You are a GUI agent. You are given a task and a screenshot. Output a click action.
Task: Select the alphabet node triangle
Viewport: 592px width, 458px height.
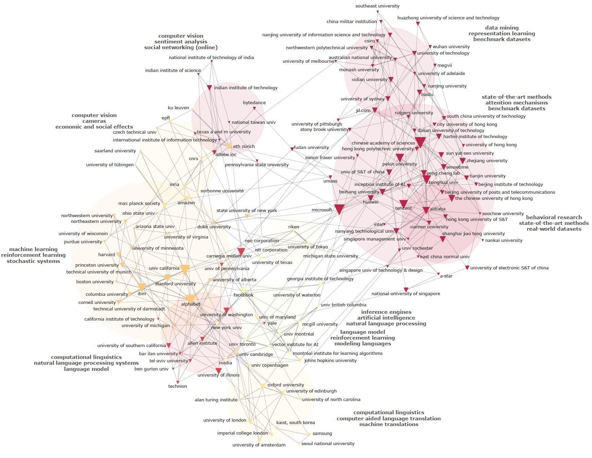point(191,299)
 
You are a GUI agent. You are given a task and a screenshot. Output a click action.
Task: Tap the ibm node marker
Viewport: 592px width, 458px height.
point(142,287)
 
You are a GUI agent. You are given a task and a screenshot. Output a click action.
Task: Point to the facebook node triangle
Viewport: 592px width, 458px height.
point(244,290)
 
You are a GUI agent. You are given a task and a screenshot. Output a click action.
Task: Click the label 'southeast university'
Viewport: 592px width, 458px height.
point(377,6)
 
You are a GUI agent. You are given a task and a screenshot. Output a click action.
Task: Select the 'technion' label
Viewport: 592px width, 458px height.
point(177,386)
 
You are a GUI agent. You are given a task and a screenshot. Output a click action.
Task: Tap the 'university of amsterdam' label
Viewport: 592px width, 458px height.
point(259,445)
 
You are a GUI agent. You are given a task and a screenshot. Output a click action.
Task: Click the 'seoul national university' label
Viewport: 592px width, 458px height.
point(328,443)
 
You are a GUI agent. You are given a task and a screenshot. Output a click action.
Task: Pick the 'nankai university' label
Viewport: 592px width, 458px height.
point(504,240)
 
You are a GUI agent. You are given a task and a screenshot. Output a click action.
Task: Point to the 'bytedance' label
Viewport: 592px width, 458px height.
point(254,102)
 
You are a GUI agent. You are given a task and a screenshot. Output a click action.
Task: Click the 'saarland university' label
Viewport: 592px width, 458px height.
point(115,151)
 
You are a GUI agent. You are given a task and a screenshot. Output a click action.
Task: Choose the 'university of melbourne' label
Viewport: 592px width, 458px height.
point(308,61)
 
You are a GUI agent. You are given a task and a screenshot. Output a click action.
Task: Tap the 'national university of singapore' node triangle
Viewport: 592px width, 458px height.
point(406,290)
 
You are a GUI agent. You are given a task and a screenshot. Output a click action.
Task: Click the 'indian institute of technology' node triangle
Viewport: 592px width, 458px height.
point(209,88)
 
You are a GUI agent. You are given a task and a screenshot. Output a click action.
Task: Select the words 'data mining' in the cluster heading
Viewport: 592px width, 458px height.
point(502,28)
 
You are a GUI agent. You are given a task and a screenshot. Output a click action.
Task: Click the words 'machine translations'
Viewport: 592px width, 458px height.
point(388,424)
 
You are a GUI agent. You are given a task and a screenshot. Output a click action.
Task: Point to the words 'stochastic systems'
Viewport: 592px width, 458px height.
point(33,261)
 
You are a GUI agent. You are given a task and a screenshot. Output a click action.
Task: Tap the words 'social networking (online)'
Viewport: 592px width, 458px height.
point(181,47)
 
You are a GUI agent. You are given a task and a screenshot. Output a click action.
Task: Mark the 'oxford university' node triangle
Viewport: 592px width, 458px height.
point(262,386)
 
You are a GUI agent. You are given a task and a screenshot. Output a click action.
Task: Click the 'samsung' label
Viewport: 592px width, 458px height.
point(322,433)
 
